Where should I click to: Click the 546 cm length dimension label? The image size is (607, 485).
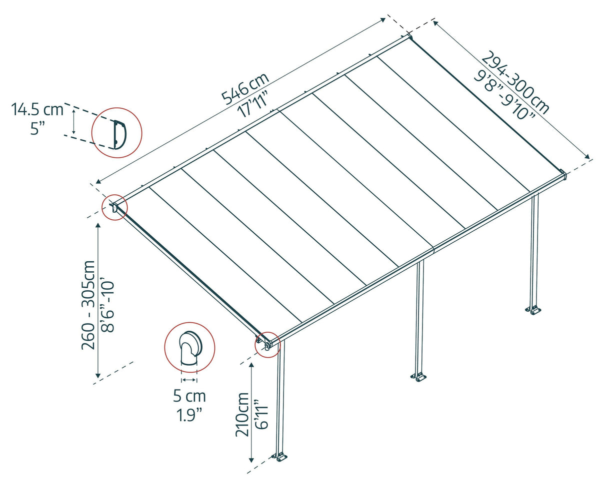245,88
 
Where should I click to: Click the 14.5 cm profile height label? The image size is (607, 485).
37,109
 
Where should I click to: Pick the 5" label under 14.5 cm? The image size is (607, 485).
37,128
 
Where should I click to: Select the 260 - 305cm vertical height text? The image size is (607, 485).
89,305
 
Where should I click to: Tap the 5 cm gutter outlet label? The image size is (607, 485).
189,397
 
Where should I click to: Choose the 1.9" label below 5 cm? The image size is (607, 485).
189,415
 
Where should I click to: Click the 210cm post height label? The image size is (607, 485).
243,414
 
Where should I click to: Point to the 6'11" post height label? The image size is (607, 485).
261,414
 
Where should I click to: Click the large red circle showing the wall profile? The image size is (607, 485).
117,133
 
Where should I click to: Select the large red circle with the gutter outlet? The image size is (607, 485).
189,347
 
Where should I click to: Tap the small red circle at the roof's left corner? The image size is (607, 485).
114,207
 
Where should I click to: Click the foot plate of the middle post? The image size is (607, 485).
418,377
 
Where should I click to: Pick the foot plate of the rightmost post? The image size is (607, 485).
533,310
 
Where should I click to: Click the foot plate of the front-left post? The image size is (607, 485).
280,456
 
